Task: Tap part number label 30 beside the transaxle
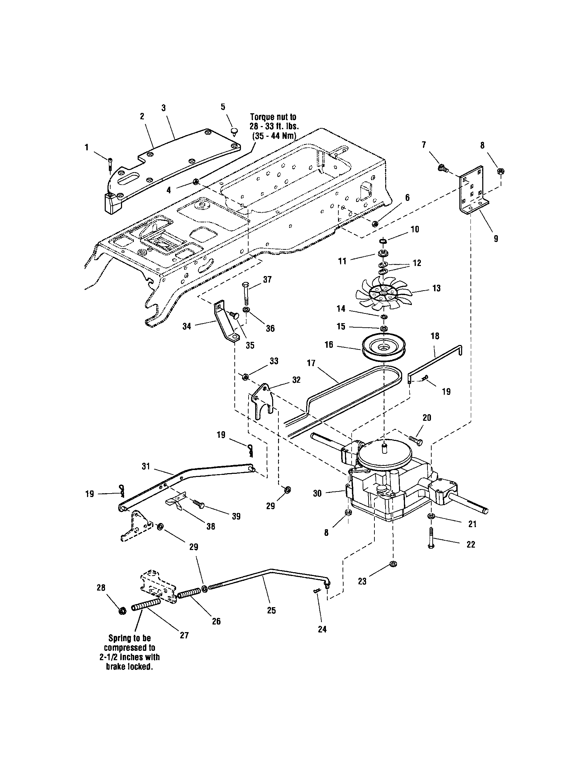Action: click(317, 494)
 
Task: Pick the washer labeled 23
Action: click(392, 564)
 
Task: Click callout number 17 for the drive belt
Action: click(311, 363)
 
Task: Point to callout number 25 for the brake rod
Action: click(271, 610)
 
